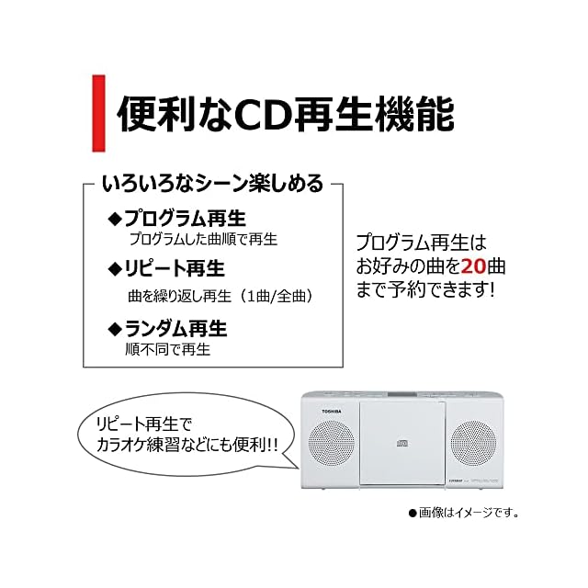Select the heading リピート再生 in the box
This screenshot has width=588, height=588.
(x=175, y=269)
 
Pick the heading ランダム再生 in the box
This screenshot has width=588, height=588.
(x=175, y=328)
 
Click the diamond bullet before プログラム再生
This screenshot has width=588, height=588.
(x=115, y=219)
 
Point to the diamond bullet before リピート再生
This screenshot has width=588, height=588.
(x=115, y=269)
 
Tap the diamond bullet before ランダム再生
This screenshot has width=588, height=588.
(x=115, y=328)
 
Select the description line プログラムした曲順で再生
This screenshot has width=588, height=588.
(x=202, y=239)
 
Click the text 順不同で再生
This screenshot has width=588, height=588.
(x=168, y=349)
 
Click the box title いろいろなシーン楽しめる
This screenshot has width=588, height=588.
(x=212, y=184)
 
